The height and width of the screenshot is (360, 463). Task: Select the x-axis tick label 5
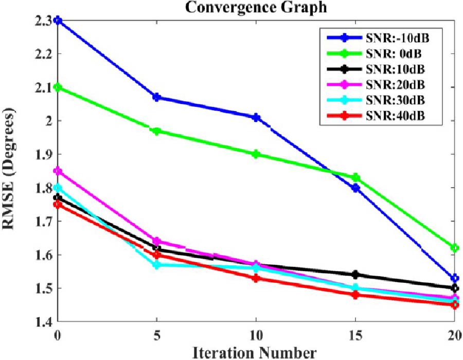pyautogui.click(x=157, y=335)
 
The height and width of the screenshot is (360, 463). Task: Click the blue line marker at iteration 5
pyautogui.click(x=157, y=97)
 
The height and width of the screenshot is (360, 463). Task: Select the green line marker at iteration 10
pyautogui.click(x=256, y=154)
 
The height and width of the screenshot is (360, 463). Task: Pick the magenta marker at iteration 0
pyautogui.click(x=58, y=171)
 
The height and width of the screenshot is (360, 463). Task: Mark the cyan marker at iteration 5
pyautogui.click(x=157, y=265)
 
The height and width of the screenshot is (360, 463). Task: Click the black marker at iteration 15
pyautogui.click(x=355, y=275)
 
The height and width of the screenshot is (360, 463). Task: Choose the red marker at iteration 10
pyautogui.click(x=256, y=278)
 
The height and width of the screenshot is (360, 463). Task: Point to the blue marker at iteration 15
pyautogui.click(x=355, y=188)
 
